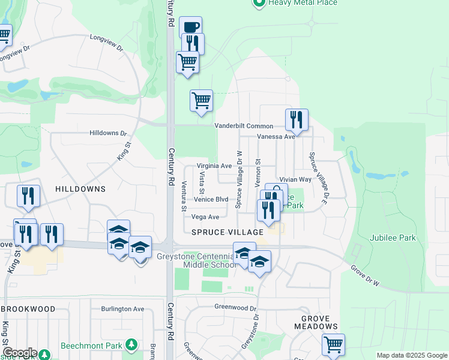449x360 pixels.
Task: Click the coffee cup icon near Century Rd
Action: point(190,28)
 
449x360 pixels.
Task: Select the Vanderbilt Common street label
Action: point(244,126)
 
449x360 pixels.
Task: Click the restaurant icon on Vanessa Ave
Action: point(297,120)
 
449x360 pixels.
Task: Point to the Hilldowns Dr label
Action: point(109,133)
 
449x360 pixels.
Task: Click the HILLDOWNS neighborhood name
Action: point(80,189)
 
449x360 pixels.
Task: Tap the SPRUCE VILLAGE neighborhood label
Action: point(228,232)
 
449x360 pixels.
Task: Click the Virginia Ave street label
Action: point(214,166)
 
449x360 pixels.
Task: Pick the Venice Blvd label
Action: point(211,200)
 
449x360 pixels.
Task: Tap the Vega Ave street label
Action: point(205,217)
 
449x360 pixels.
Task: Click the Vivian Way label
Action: point(295,179)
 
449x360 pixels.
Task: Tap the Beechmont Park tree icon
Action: point(131,346)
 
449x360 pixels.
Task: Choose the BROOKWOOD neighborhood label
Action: point(28,309)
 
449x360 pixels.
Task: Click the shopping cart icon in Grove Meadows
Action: point(333,344)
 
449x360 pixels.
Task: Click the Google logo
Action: point(20,353)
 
